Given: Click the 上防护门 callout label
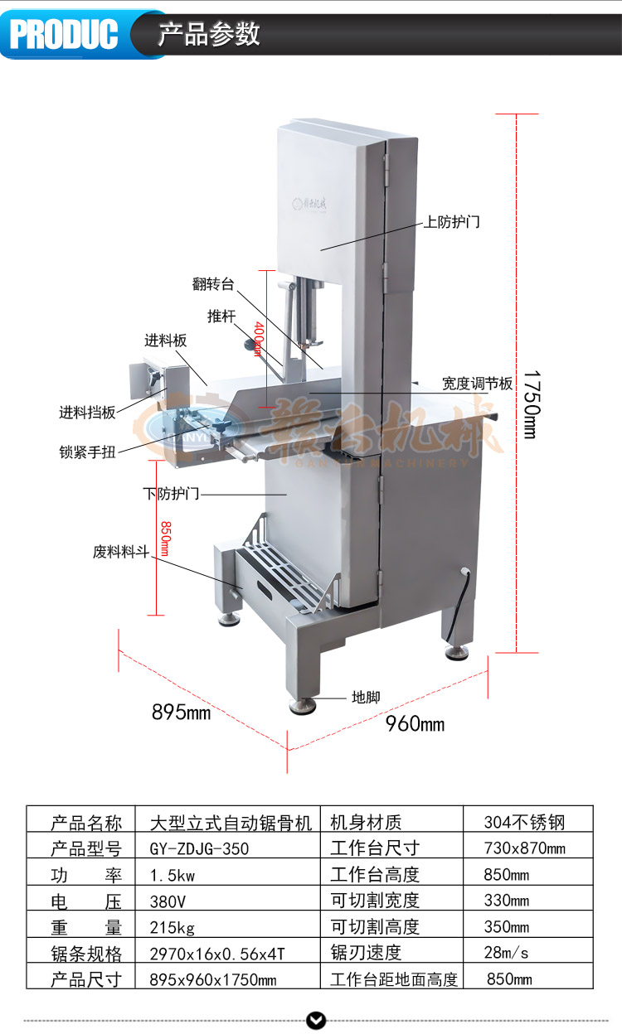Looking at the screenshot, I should click(x=452, y=222).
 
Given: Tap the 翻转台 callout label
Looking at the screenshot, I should click(x=213, y=284).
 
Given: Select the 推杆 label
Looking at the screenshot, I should click(x=222, y=316).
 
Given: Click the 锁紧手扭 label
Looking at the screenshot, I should click(x=87, y=452).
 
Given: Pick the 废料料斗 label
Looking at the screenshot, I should click(x=120, y=551).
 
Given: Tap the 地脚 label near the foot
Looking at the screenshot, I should click(x=366, y=698).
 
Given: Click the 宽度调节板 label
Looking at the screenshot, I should click(x=477, y=384).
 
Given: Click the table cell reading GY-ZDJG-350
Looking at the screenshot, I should click(x=199, y=848).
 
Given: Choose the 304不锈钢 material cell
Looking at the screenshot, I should click(x=524, y=823).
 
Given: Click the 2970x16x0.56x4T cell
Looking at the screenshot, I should click(x=217, y=953).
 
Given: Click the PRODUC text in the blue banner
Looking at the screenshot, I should click(x=64, y=34).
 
